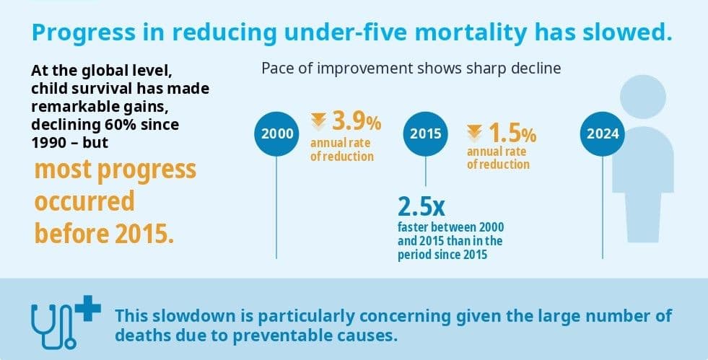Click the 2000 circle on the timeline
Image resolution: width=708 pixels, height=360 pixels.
(277, 134)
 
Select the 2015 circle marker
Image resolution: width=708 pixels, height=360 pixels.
(425, 134)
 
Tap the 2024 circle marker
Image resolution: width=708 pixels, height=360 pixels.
(603, 134)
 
